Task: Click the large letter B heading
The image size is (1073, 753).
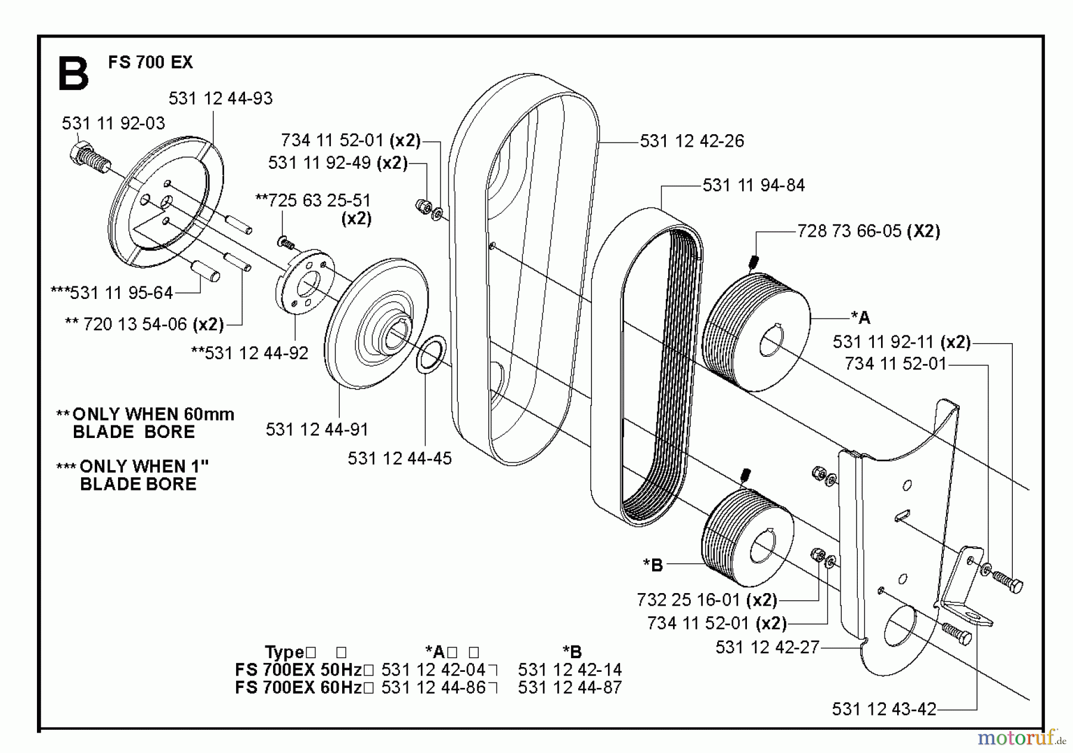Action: tap(74, 74)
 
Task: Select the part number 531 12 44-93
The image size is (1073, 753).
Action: tap(220, 98)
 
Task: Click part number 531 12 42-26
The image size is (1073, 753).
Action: tap(691, 141)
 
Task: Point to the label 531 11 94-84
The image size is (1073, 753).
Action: tap(753, 186)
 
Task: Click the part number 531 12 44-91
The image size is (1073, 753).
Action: tap(317, 430)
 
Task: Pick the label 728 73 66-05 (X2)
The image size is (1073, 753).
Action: tap(868, 232)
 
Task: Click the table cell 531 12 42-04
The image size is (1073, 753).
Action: tap(433, 669)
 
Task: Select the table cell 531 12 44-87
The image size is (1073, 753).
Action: tap(569, 687)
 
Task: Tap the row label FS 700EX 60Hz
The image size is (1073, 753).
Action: tap(299, 687)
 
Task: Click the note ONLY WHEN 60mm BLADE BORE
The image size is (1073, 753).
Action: tap(146, 423)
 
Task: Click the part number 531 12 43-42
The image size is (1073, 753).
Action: tap(883, 709)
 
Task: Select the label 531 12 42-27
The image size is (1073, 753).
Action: tap(767, 648)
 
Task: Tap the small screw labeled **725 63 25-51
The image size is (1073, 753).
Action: tap(286, 242)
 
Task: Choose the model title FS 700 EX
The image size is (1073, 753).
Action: tap(150, 63)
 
